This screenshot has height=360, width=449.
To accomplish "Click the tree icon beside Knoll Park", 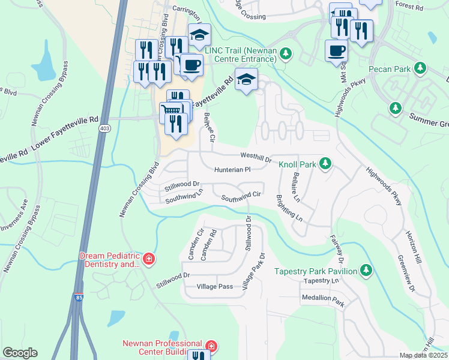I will (325, 163).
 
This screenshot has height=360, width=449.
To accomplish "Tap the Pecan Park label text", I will (390, 70).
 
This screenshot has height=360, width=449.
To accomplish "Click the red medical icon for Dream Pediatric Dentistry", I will (149, 260).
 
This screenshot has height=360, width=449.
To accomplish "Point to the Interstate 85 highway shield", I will (79, 296).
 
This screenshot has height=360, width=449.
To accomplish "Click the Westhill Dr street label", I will (256, 156).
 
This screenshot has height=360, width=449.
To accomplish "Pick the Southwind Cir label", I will (241, 196).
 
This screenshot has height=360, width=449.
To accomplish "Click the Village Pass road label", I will (215, 287).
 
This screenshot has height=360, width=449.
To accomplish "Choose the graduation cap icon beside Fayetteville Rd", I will (245, 79).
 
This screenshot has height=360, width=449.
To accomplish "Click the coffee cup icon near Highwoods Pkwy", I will (336, 50).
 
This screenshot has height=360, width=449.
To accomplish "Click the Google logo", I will (20, 353).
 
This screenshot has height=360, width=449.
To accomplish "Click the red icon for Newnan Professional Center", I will (211, 346).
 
